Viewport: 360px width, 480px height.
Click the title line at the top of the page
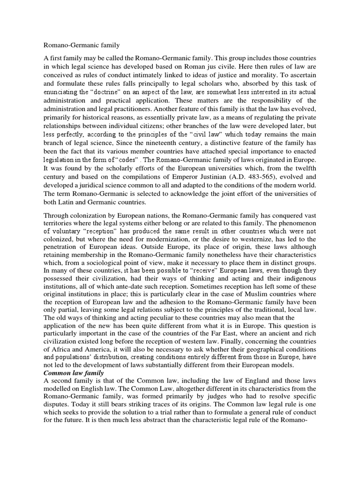tap(82, 45)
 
